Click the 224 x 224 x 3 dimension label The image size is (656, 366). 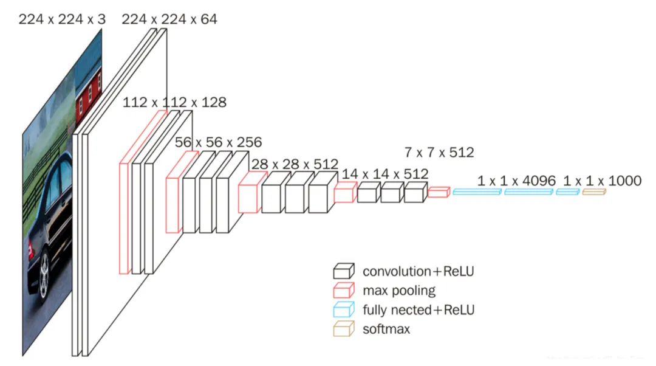(x=62, y=19)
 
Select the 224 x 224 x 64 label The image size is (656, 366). (x=169, y=19)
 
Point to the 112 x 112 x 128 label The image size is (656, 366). (x=174, y=102)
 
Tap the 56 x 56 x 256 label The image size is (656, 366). (x=219, y=142)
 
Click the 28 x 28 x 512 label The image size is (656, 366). (x=295, y=164)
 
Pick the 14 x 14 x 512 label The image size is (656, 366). (x=385, y=174)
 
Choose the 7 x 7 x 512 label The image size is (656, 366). (x=439, y=152)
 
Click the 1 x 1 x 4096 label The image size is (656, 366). (x=516, y=181)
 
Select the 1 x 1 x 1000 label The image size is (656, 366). (x=603, y=181)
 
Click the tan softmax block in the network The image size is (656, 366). (x=594, y=192)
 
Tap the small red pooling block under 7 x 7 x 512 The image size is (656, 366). (x=438, y=192)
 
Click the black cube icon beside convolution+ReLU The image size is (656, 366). (x=343, y=271)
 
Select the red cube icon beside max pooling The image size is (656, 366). (x=343, y=291)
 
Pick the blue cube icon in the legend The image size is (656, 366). (x=343, y=310)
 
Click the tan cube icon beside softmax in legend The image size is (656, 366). (x=343, y=330)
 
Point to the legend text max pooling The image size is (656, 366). (x=399, y=291)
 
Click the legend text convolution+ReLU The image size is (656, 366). (x=418, y=271)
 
